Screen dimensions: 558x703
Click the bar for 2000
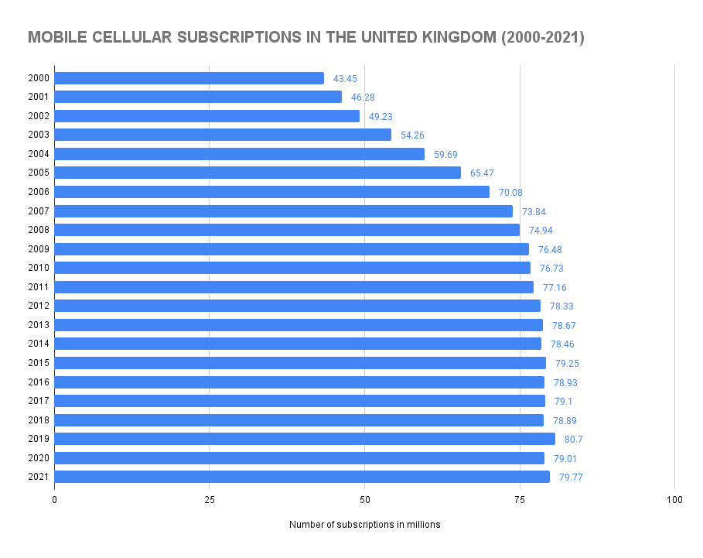point(189,78)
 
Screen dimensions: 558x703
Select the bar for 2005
point(258,173)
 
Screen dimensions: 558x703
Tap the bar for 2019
point(305,439)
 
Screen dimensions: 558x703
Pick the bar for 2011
point(294,287)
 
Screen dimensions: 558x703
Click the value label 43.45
point(345,79)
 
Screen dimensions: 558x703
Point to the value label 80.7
point(573,440)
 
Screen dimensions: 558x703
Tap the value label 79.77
point(571,478)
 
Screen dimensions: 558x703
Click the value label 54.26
point(412,135)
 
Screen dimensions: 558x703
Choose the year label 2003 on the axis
point(38,135)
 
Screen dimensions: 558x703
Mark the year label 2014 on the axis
point(38,344)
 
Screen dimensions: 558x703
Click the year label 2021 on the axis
point(38,477)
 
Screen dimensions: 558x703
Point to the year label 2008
point(38,230)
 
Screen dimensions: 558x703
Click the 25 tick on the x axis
point(210,500)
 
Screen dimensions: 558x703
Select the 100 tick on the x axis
point(674,500)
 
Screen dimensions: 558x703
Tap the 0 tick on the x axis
point(55,500)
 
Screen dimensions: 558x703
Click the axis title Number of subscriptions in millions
point(364,525)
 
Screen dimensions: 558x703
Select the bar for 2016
point(299,382)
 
